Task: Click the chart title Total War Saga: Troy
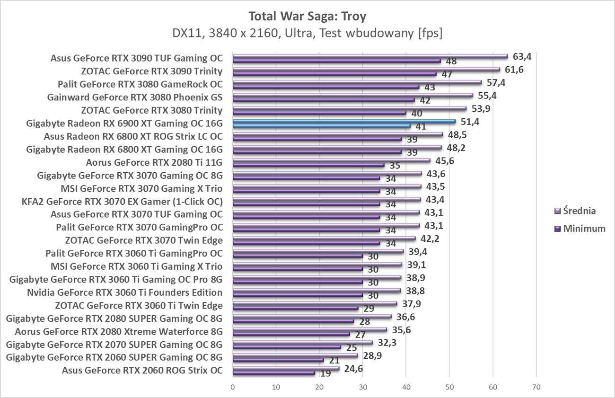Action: click(x=307, y=17)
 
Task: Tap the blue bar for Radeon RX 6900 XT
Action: click(x=344, y=122)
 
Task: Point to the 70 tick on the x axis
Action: click(x=536, y=387)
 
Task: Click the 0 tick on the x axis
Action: click(x=233, y=387)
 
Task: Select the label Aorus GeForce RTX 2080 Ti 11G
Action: click(x=154, y=162)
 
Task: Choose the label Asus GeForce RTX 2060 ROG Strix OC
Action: click(x=142, y=370)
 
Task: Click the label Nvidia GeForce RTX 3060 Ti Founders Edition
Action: click(x=125, y=292)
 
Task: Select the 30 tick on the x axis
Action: click(x=363, y=387)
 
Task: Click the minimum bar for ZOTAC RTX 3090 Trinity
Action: click(x=334, y=74)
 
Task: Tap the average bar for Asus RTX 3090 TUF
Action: click(x=370, y=56)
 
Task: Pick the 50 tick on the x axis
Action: click(x=449, y=387)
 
